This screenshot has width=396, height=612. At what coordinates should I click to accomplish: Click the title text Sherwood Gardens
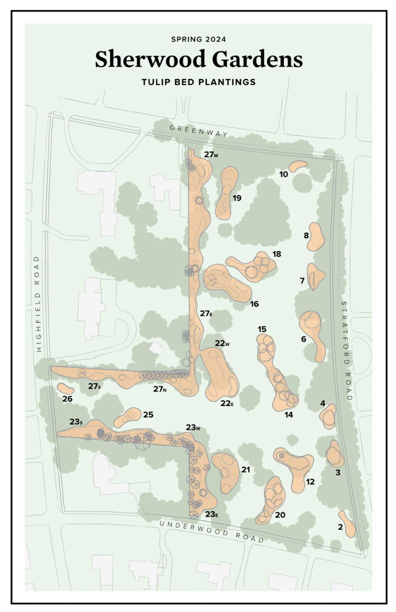click(x=198, y=60)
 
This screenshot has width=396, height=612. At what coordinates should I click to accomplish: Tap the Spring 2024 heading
click(x=198, y=39)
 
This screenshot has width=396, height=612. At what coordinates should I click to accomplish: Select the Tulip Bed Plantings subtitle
click(x=198, y=82)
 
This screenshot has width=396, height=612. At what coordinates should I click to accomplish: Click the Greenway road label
click(x=198, y=131)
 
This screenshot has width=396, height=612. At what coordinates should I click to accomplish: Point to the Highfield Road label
click(x=38, y=304)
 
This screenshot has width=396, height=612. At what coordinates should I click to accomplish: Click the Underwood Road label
click(x=211, y=531)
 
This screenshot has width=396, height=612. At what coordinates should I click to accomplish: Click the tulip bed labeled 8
click(x=316, y=237)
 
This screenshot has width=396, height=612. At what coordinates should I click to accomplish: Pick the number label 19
click(x=237, y=198)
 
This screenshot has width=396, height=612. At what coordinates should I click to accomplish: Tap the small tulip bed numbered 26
click(x=65, y=388)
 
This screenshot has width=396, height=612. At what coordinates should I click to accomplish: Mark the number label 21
click(x=246, y=469)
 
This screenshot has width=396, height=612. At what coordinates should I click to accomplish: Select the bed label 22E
click(x=227, y=403)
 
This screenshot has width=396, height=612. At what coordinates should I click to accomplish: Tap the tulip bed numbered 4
click(x=328, y=416)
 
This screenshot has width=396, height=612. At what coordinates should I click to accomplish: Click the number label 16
click(x=254, y=304)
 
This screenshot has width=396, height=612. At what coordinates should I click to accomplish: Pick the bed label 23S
click(x=76, y=422)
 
